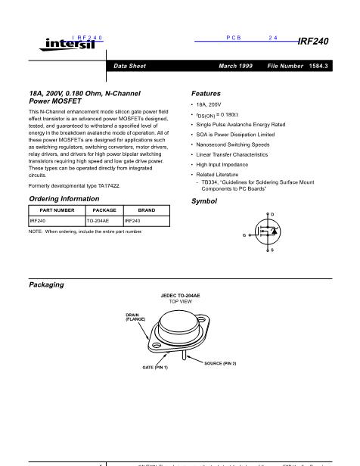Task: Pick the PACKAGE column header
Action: [103, 210]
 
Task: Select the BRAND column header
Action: [147, 210]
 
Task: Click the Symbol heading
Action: [204, 201]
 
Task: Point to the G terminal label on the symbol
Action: [244, 235]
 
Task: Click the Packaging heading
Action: [46, 284]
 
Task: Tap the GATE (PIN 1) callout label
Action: [155, 367]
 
